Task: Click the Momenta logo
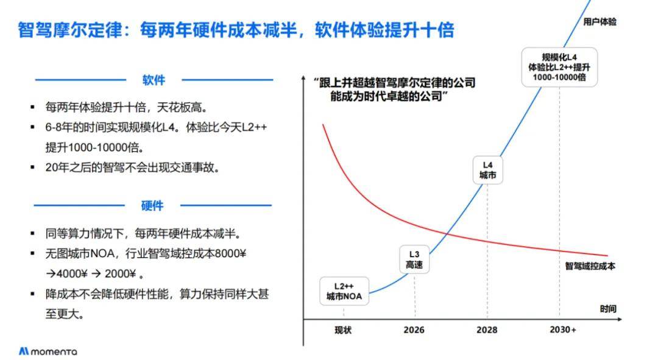pyautogui.click(x=48, y=351)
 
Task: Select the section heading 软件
pyautogui.click(x=154, y=80)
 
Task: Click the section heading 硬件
pyautogui.click(x=152, y=205)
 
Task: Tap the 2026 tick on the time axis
pyautogui.click(x=414, y=330)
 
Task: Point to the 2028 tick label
pyautogui.click(x=487, y=330)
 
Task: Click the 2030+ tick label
pyautogui.click(x=563, y=330)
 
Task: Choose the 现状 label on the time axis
pyautogui.click(x=344, y=330)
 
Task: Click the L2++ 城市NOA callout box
pyautogui.click(x=344, y=291)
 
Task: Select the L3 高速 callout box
pyautogui.click(x=415, y=259)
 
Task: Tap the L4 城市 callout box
pyautogui.click(x=487, y=170)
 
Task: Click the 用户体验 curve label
pyautogui.click(x=600, y=22)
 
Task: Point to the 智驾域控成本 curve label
pyautogui.click(x=590, y=266)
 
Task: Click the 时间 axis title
pyautogui.click(x=607, y=309)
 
